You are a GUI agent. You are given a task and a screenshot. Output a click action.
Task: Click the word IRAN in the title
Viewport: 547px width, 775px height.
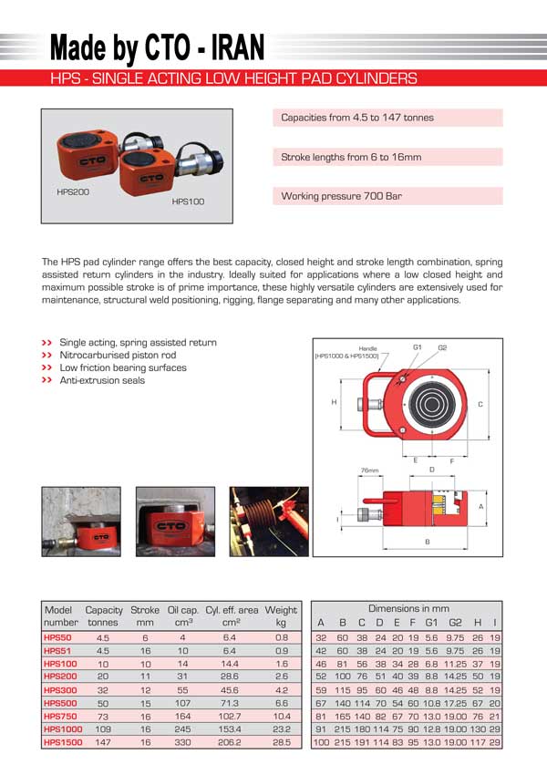[238, 48]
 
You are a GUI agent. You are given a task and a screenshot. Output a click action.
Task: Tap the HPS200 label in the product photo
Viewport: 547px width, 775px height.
[73, 191]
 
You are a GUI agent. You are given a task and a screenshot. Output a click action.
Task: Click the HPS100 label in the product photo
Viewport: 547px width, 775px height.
[188, 201]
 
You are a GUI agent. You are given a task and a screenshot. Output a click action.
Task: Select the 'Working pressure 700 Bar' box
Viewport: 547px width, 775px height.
[387, 196]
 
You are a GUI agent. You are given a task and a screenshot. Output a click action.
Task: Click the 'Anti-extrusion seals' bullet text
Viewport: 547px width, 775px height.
[102, 380]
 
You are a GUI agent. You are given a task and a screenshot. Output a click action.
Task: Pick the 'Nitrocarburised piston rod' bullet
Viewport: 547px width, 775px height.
[118, 355]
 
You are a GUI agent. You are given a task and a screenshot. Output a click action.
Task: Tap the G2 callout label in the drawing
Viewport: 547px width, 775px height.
[442, 348]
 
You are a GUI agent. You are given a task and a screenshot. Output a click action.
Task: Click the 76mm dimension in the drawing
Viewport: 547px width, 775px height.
[369, 470]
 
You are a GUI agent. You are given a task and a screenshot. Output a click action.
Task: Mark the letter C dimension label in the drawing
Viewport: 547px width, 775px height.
[480, 404]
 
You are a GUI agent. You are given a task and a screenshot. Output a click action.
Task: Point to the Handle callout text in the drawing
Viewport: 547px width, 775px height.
[367, 348]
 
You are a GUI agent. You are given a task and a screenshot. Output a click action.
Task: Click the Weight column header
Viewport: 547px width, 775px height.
[281, 616]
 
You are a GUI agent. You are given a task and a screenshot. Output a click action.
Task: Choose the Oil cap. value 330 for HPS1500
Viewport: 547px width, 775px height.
[182, 742]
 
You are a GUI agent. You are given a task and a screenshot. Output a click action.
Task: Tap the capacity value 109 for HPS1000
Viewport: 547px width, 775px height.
[103, 729]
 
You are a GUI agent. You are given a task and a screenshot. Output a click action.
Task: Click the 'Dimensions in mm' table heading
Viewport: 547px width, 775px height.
[408, 608]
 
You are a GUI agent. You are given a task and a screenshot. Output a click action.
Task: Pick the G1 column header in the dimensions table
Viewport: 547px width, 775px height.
[431, 623]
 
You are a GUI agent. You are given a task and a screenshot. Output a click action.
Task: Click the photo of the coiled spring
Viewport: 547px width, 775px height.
[269, 522]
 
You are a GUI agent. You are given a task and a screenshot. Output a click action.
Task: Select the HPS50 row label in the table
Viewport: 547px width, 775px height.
[57, 638]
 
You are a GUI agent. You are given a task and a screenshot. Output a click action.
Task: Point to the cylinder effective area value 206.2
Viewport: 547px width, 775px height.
[229, 742]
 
